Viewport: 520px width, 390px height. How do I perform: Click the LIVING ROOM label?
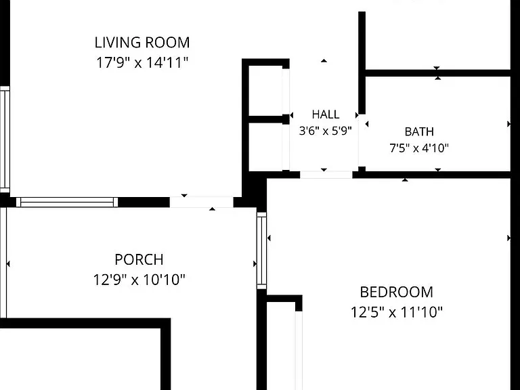tap(142, 43)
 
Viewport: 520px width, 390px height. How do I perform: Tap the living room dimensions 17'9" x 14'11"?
tap(142, 62)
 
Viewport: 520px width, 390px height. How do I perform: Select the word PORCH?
tap(139, 259)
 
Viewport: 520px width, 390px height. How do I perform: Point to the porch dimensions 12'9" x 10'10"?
tap(139, 280)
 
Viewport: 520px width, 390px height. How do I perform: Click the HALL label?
tap(325, 114)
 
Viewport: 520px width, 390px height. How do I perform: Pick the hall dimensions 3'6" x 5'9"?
tap(325, 131)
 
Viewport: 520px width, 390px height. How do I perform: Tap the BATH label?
tap(419, 131)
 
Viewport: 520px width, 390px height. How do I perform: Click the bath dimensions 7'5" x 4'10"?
tap(419, 148)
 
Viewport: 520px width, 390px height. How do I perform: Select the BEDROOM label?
tap(396, 292)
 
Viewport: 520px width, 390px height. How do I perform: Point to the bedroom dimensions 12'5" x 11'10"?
tap(397, 312)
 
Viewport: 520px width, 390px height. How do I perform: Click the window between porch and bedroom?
tap(261, 251)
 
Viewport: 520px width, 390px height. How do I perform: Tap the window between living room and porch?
tap(67, 202)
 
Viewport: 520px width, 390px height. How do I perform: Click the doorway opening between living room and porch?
tap(202, 202)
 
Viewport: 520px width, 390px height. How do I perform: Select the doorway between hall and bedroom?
tap(326, 175)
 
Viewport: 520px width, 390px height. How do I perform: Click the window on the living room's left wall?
tap(5, 139)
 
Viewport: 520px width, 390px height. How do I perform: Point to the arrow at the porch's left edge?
tap(8, 263)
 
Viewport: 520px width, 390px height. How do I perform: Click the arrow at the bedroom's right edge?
tap(508, 238)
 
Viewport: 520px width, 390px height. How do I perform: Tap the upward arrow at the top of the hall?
tap(324, 61)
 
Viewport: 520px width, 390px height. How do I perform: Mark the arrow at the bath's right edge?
tap(508, 124)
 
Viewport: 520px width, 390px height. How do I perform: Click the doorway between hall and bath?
tap(358, 141)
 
